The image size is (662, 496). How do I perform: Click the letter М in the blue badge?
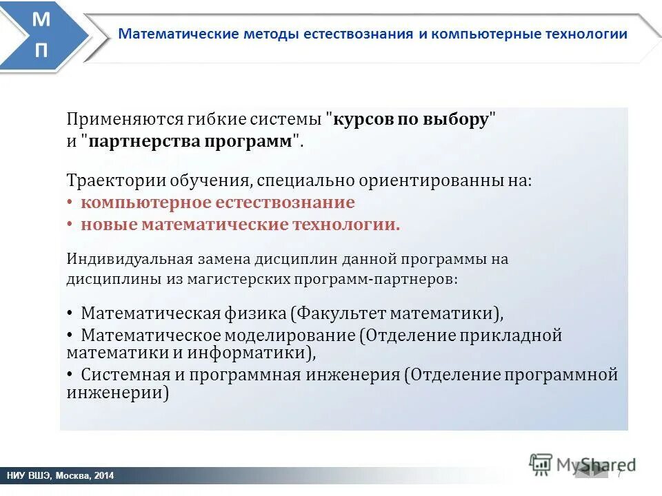point(41,20)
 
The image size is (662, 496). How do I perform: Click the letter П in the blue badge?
point(41,51)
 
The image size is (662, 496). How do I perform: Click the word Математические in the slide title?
point(179,34)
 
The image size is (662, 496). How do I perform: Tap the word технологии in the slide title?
point(586,34)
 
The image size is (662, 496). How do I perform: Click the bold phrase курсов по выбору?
point(411,118)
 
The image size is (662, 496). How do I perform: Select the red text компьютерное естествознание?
point(217,203)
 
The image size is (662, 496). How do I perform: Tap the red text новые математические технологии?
point(240,225)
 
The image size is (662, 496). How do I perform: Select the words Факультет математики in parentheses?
point(395,313)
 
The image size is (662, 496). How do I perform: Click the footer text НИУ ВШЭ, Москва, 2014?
point(61,476)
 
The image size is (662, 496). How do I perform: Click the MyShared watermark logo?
point(583,464)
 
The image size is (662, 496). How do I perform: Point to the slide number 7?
point(619,473)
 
